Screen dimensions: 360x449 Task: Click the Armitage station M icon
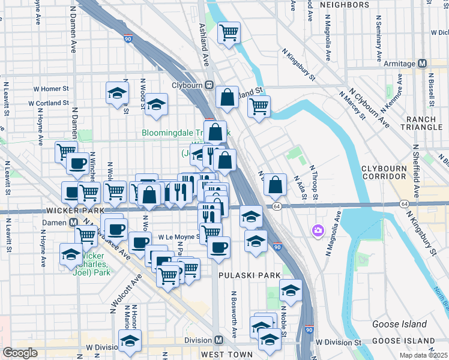pyautogui.click(x=423, y=64)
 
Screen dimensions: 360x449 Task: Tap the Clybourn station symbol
pyautogui.click(x=210, y=85)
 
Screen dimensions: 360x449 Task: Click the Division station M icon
pyautogui.click(x=219, y=340)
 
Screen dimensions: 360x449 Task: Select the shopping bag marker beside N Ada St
pyautogui.click(x=275, y=185)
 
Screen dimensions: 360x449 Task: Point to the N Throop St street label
pyautogui.click(x=313, y=182)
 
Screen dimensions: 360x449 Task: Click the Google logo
pyautogui.click(x=20, y=353)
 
